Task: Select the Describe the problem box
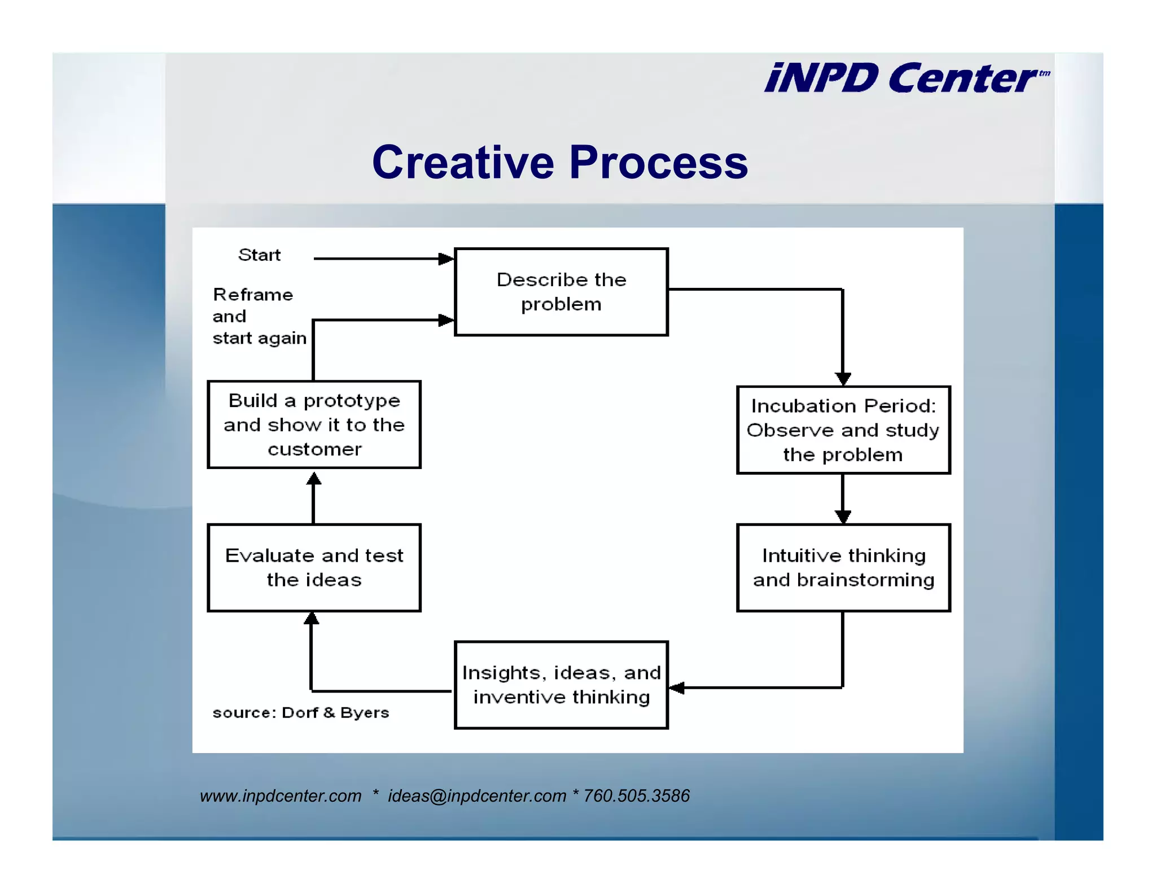pos(561,292)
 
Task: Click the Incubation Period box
pos(843,430)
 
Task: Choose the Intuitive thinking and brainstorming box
pos(843,568)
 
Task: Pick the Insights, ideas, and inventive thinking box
pos(561,685)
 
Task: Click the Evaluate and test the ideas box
pos(314,568)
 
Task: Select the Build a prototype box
pos(314,424)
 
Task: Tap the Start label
pos(259,255)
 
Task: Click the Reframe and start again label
pos(259,316)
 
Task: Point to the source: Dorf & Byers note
pos(300,713)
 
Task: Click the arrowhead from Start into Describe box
pos(446,259)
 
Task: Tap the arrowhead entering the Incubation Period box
pos(843,379)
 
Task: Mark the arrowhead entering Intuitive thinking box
pos(843,516)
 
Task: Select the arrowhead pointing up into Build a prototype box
pos(314,479)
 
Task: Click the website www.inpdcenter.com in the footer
pos(281,796)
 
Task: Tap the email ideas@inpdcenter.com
pos(476,796)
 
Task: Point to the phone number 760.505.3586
pos(636,796)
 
